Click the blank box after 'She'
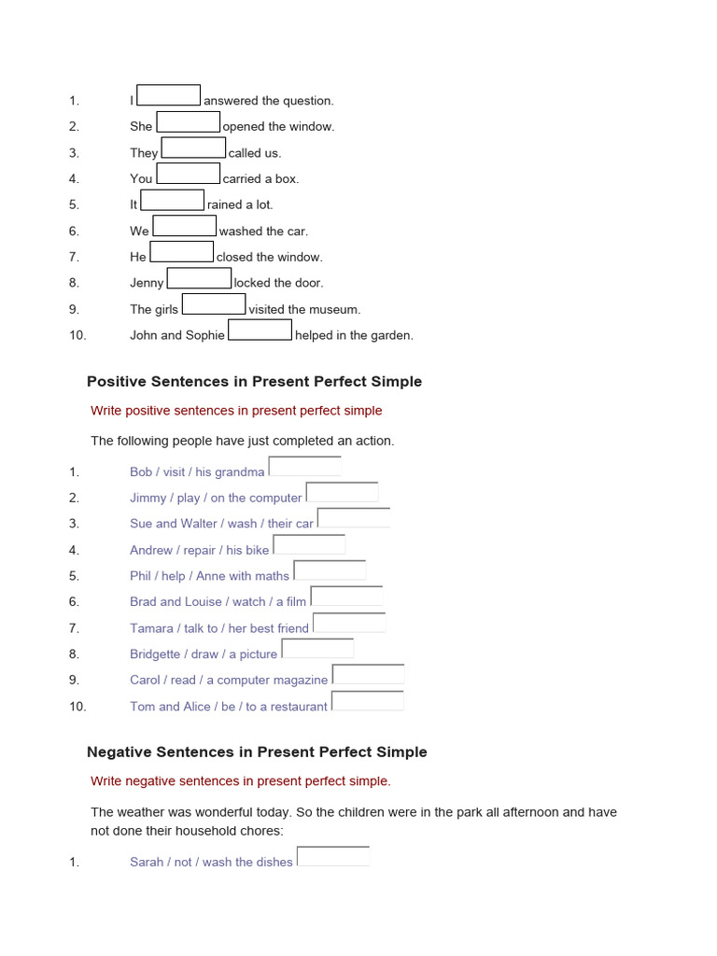pyautogui.click(x=188, y=122)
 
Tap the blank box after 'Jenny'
pyautogui.click(x=199, y=279)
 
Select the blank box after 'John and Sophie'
pyautogui.click(x=260, y=331)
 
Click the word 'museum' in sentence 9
pyautogui.click(x=336, y=309)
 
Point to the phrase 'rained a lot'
pyautogui.click(x=240, y=204)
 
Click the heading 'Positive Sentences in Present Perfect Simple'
pyautogui.click(x=254, y=381)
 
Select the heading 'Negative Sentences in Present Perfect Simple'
pyautogui.click(x=257, y=752)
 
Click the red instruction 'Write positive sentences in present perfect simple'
pyautogui.click(x=236, y=411)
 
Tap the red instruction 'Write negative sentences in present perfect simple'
pyautogui.click(x=241, y=781)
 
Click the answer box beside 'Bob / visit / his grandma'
pyautogui.click(x=304, y=467)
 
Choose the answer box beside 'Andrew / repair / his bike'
pyautogui.click(x=309, y=545)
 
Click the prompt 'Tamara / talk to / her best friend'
pyautogui.click(x=218, y=628)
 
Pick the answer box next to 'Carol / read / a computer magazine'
pyautogui.click(x=368, y=675)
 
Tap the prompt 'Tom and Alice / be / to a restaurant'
pyautogui.click(x=228, y=707)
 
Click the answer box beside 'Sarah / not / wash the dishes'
pyautogui.click(x=332, y=857)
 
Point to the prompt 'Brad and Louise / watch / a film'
pyautogui.click(x=218, y=602)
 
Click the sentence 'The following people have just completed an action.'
pyautogui.click(x=242, y=441)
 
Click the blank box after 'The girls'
pyautogui.click(x=214, y=305)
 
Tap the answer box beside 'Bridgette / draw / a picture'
pyautogui.click(x=317, y=649)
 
